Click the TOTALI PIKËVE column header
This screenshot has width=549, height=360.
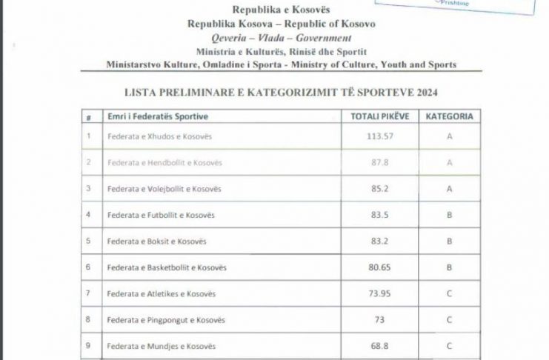pos(378,117)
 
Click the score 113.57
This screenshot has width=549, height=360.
pos(378,136)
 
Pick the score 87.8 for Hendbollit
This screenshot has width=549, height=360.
pos(378,162)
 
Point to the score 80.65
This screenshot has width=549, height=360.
pos(378,267)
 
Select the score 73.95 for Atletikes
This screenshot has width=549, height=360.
pos(378,293)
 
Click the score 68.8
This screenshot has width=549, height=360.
pos(378,346)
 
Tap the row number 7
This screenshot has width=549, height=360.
pos(89,293)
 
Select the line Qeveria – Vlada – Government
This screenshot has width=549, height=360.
pos(274,38)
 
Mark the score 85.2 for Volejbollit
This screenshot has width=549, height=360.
pos(378,189)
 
